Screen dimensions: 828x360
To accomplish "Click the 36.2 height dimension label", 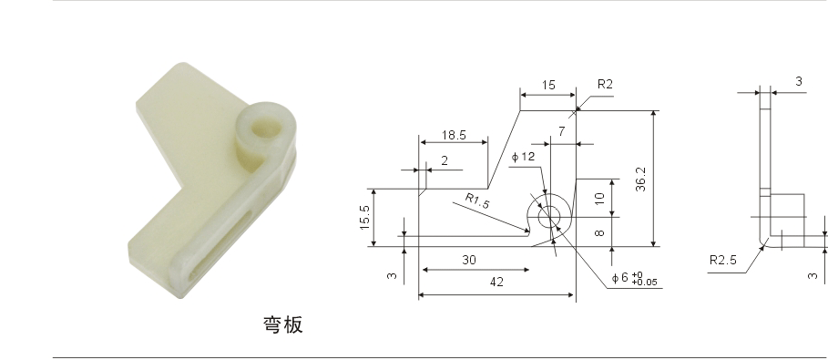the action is click(x=640, y=180).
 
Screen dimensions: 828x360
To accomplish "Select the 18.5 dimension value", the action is click(x=454, y=135).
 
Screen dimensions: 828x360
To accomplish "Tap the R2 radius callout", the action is click(x=605, y=84).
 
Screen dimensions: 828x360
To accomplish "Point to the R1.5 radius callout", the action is click(x=476, y=201).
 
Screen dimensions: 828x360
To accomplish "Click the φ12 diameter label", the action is click(x=523, y=157).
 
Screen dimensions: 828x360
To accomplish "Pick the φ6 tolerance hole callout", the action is click(x=634, y=279).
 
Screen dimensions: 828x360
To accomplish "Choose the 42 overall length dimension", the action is click(x=496, y=283).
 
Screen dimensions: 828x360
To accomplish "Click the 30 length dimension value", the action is click(x=469, y=260).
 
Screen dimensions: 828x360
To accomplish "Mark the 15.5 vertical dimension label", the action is click(x=365, y=217).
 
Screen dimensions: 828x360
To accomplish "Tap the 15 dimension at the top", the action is click(x=548, y=85).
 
